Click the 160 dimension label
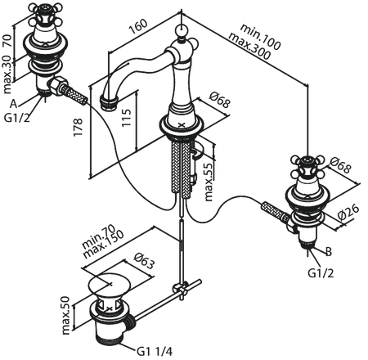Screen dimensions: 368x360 click(138, 26)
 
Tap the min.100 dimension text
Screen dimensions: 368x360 click(260, 37)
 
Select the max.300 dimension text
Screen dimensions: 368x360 click(249, 46)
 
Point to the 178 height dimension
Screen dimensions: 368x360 click(78, 128)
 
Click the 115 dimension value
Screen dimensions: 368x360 click(126, 118)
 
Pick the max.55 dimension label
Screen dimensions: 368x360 click(209, 182)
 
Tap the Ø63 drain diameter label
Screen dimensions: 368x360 click(144, 260)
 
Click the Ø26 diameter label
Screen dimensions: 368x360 click(348, 212)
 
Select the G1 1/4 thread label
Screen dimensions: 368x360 click(155, 351)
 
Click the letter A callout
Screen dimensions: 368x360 click(14, 104)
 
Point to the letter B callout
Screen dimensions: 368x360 click(329, 251)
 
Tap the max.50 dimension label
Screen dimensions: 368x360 click(65, 316)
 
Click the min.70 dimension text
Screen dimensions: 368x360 click(99, 236)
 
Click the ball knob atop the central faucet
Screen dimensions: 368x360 click(182, 29)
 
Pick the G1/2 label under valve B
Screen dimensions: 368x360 click(321, 272)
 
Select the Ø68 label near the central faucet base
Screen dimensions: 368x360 click(220, 99)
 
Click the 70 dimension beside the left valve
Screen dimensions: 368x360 click(7, 40)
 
